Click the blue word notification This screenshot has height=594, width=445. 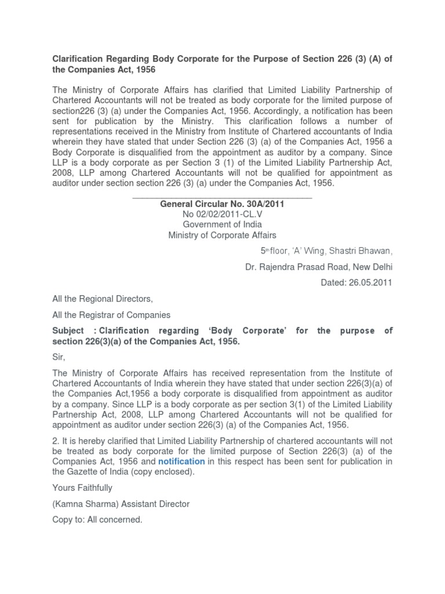[x=181, y=461]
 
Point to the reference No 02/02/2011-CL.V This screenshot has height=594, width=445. [x=222, y=214]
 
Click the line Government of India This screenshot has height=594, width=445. [x=222, y=224]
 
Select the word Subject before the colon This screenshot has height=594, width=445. [x=68, y=331]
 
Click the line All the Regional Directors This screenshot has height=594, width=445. [x=103, y=299]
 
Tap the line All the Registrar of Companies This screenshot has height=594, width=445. [x=111, y=315]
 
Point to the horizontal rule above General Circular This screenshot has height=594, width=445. [x=222, y=197]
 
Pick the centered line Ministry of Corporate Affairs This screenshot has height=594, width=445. [x=222, y=235]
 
